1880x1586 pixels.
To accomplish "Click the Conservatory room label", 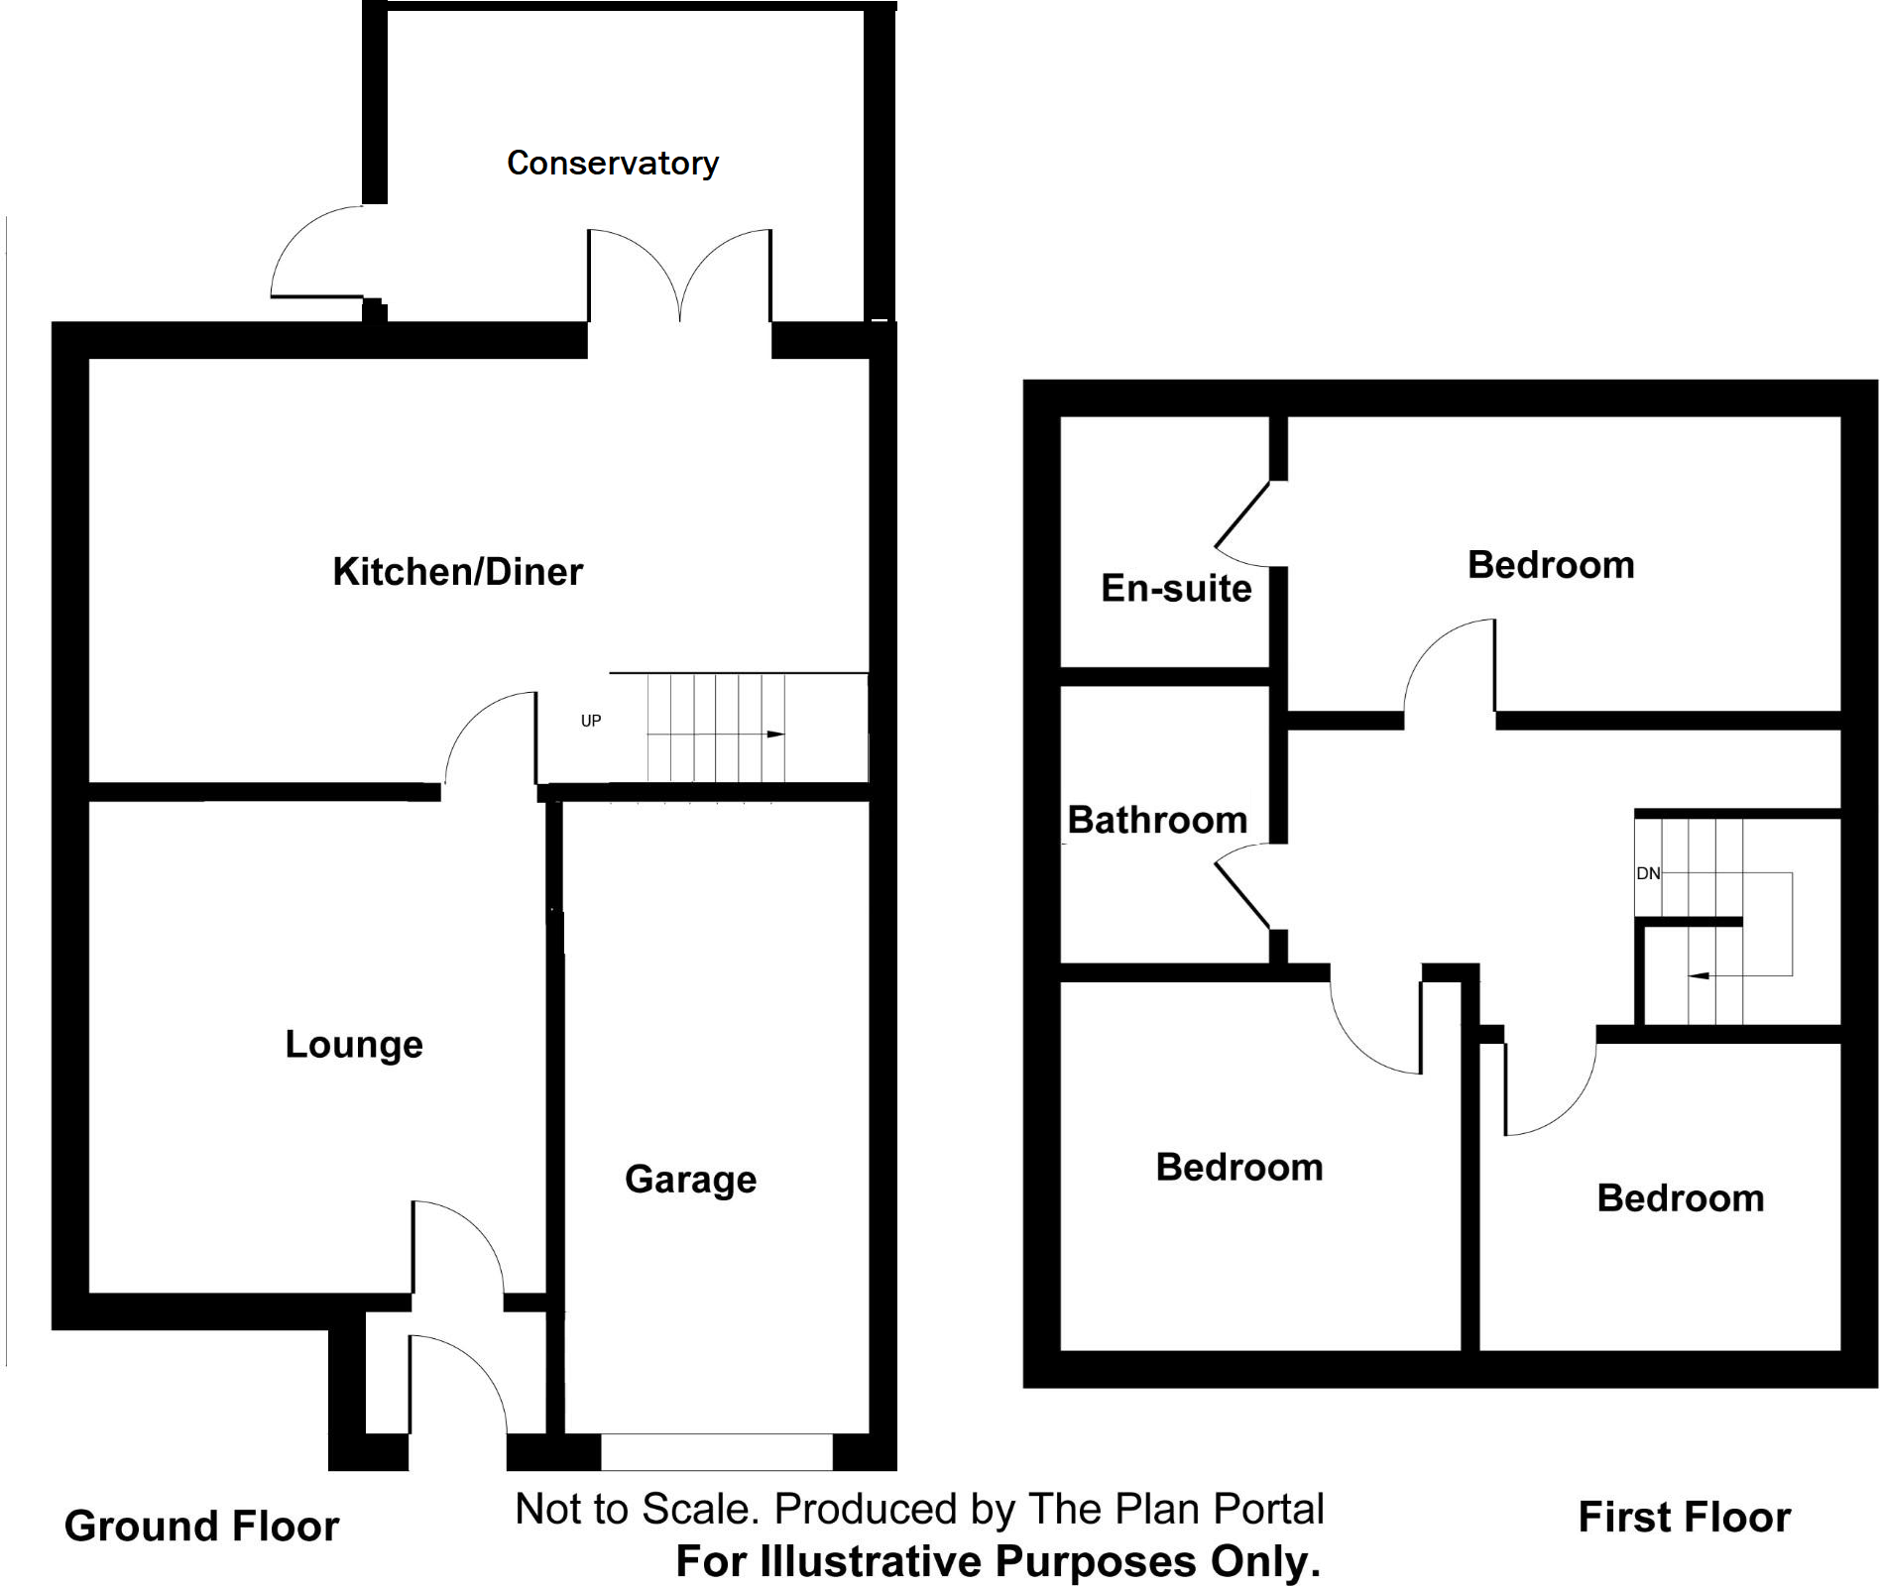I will (x=612, y=163).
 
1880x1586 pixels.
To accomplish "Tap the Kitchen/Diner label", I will (x=457, y=572).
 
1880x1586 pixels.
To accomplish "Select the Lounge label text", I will (x=354, y=1045).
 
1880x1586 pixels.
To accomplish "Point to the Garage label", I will (x=690, y=1180).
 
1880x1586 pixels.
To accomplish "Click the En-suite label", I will (x=1176, y=589).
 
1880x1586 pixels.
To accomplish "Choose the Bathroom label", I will (x=1157, y=821).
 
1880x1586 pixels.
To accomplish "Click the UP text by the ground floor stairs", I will (x=591, y=721).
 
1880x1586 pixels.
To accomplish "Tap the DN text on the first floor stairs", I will (x=1648, y=873).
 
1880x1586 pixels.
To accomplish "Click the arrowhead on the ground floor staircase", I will (x=775, y=735).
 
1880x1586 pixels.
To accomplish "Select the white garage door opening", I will (x=716, y=1452).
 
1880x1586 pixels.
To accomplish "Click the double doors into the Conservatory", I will (x=679, y=278).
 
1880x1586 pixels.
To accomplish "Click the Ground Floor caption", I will (x=201, y=1527).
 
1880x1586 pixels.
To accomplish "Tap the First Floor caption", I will (x=1684, y=1518).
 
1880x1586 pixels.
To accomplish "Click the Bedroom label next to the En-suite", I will (x=1551, y=565).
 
